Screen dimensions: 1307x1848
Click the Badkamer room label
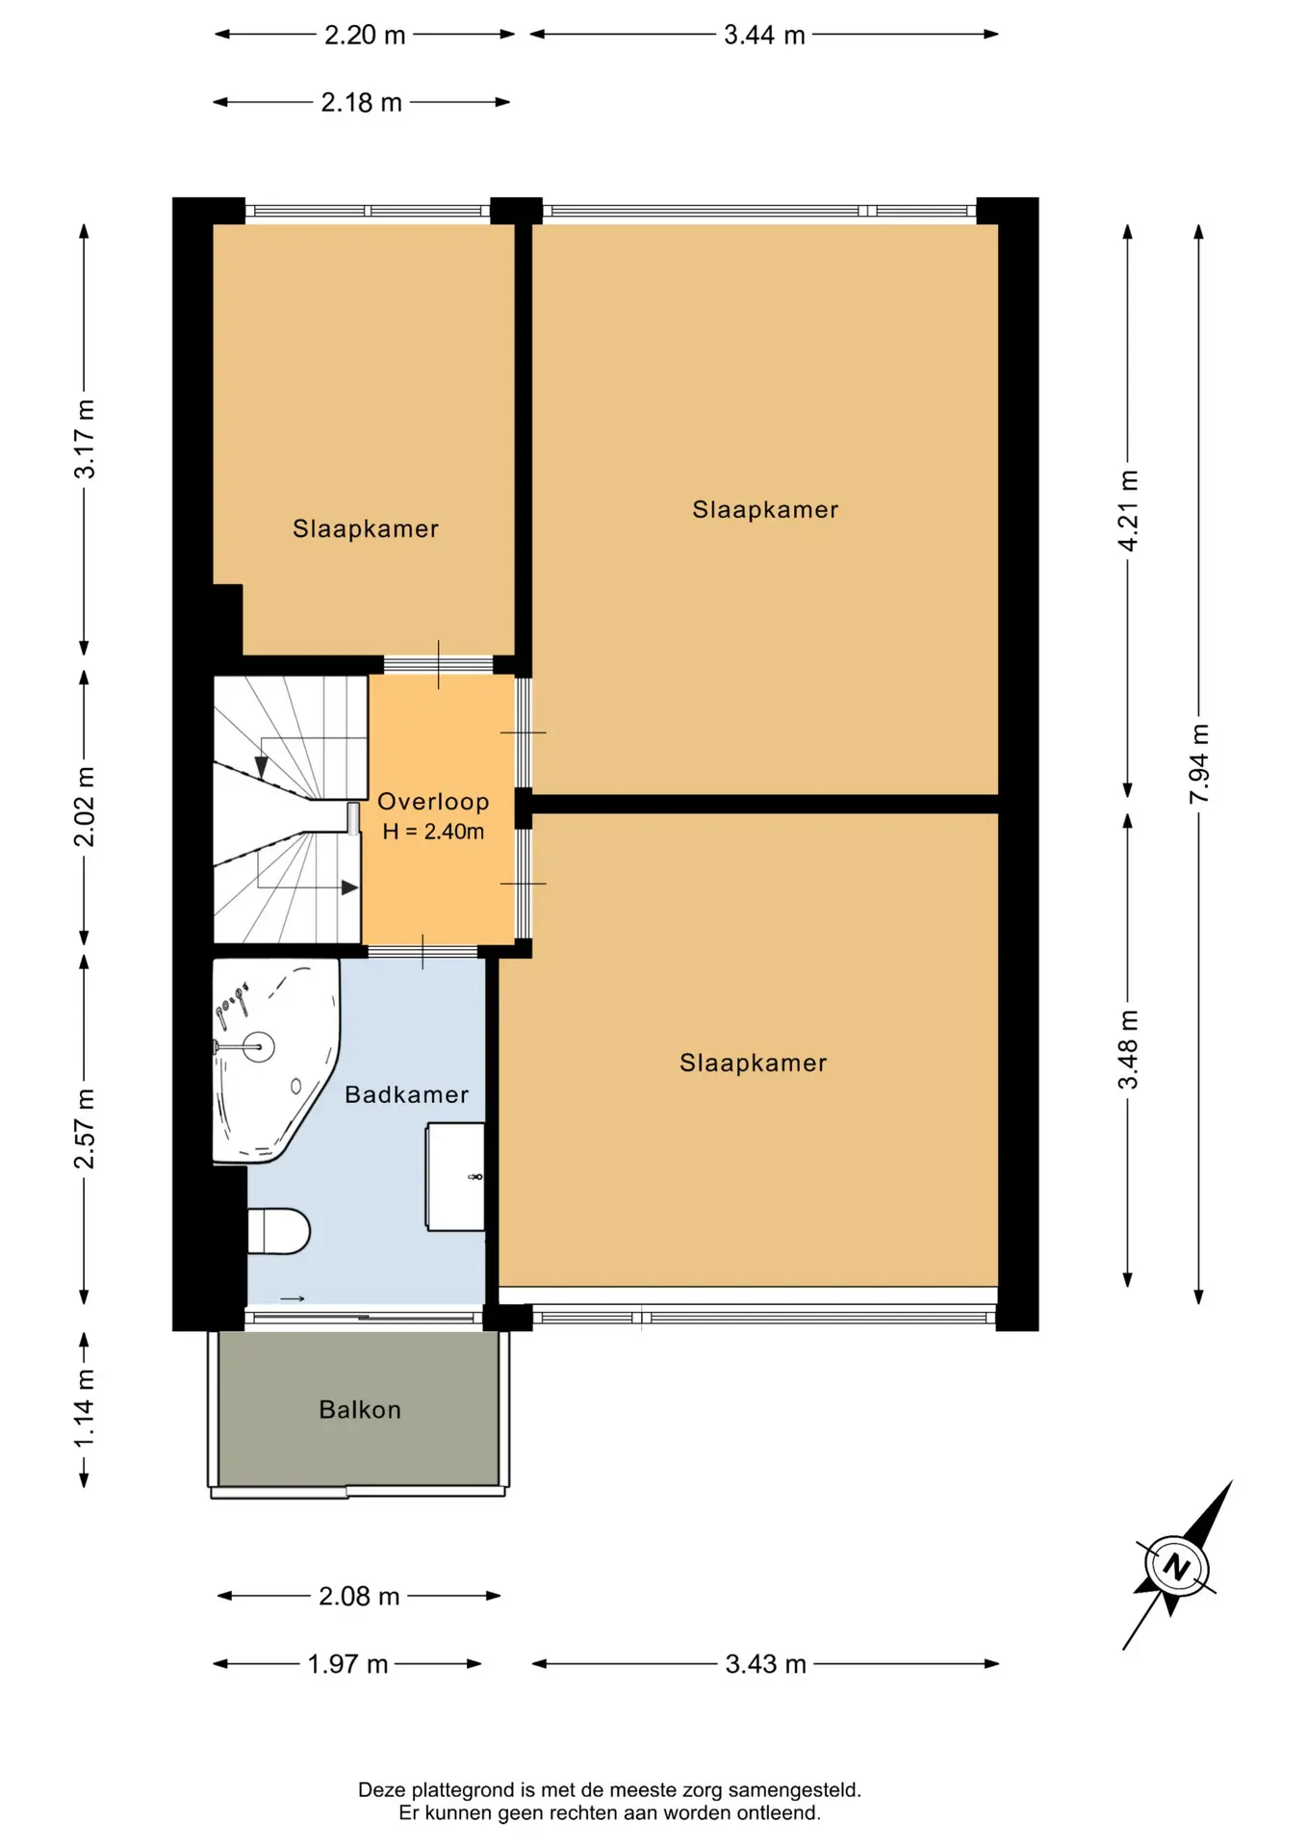click(x=406, y=1094)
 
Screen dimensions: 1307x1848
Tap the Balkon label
click(x=360, y=1409)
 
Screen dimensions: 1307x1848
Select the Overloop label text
click(x=433, y=802)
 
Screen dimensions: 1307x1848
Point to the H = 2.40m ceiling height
click(x=433, y=832)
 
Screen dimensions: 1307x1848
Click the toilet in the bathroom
click(x=278, y=1231)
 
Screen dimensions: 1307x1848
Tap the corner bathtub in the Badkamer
click(x=273, y=1059)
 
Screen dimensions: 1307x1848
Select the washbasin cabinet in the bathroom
click(x=455, y=1176)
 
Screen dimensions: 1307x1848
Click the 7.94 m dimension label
click(x=1199, y=763)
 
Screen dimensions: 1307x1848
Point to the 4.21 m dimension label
click(x=1128, y=510)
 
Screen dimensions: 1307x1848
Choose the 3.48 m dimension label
click(x=1128, y=1049)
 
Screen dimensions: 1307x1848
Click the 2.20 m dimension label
click(x=365, y=36)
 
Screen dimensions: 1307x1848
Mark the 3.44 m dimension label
click(x=764, y=36)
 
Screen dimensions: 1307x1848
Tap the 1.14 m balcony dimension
click(x=85, y=1408)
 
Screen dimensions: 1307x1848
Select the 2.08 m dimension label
click(x=359, y=1597)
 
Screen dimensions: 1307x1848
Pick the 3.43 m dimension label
click(x=765, y=1664)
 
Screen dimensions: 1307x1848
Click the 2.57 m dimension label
click(x=85, y=1128)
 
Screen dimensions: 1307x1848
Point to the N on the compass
click(x=1176, y=1566)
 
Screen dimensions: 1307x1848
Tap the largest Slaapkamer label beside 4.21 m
click(x=765, y=509)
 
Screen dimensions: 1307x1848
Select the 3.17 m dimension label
click(x=85, y=439)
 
